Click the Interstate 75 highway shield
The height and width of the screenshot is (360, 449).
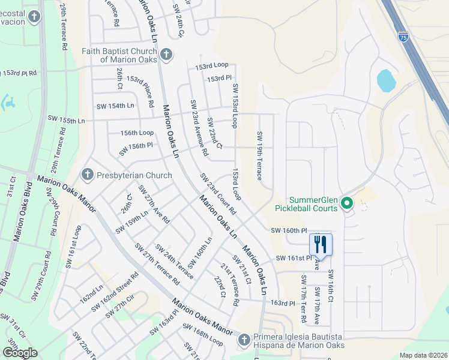(x=403, y=37)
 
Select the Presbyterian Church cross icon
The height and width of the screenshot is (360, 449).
(x=87, y=175)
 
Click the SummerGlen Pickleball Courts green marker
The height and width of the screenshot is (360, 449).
(x=346, y=204)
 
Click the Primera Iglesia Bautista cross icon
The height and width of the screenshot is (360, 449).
(x=244, y=341)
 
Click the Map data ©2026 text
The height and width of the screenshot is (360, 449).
(x=423, y=355)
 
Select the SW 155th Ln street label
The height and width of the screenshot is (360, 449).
(x=60, y=121)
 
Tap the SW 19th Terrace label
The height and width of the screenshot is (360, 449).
(x=259, y=156)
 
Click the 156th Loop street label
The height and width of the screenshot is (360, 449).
(x=137, y=133)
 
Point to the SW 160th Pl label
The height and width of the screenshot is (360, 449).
(x=289, y=230)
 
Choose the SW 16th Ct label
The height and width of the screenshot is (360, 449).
(x=330, y=287)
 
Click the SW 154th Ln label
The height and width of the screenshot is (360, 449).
(x=115, y=106)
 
